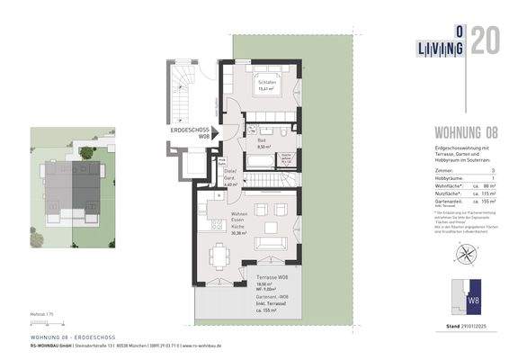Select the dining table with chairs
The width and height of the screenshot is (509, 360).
click(219, 255)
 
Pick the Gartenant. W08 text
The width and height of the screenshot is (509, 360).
click(272, 298)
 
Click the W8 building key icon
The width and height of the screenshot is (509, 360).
click(474, 296)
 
